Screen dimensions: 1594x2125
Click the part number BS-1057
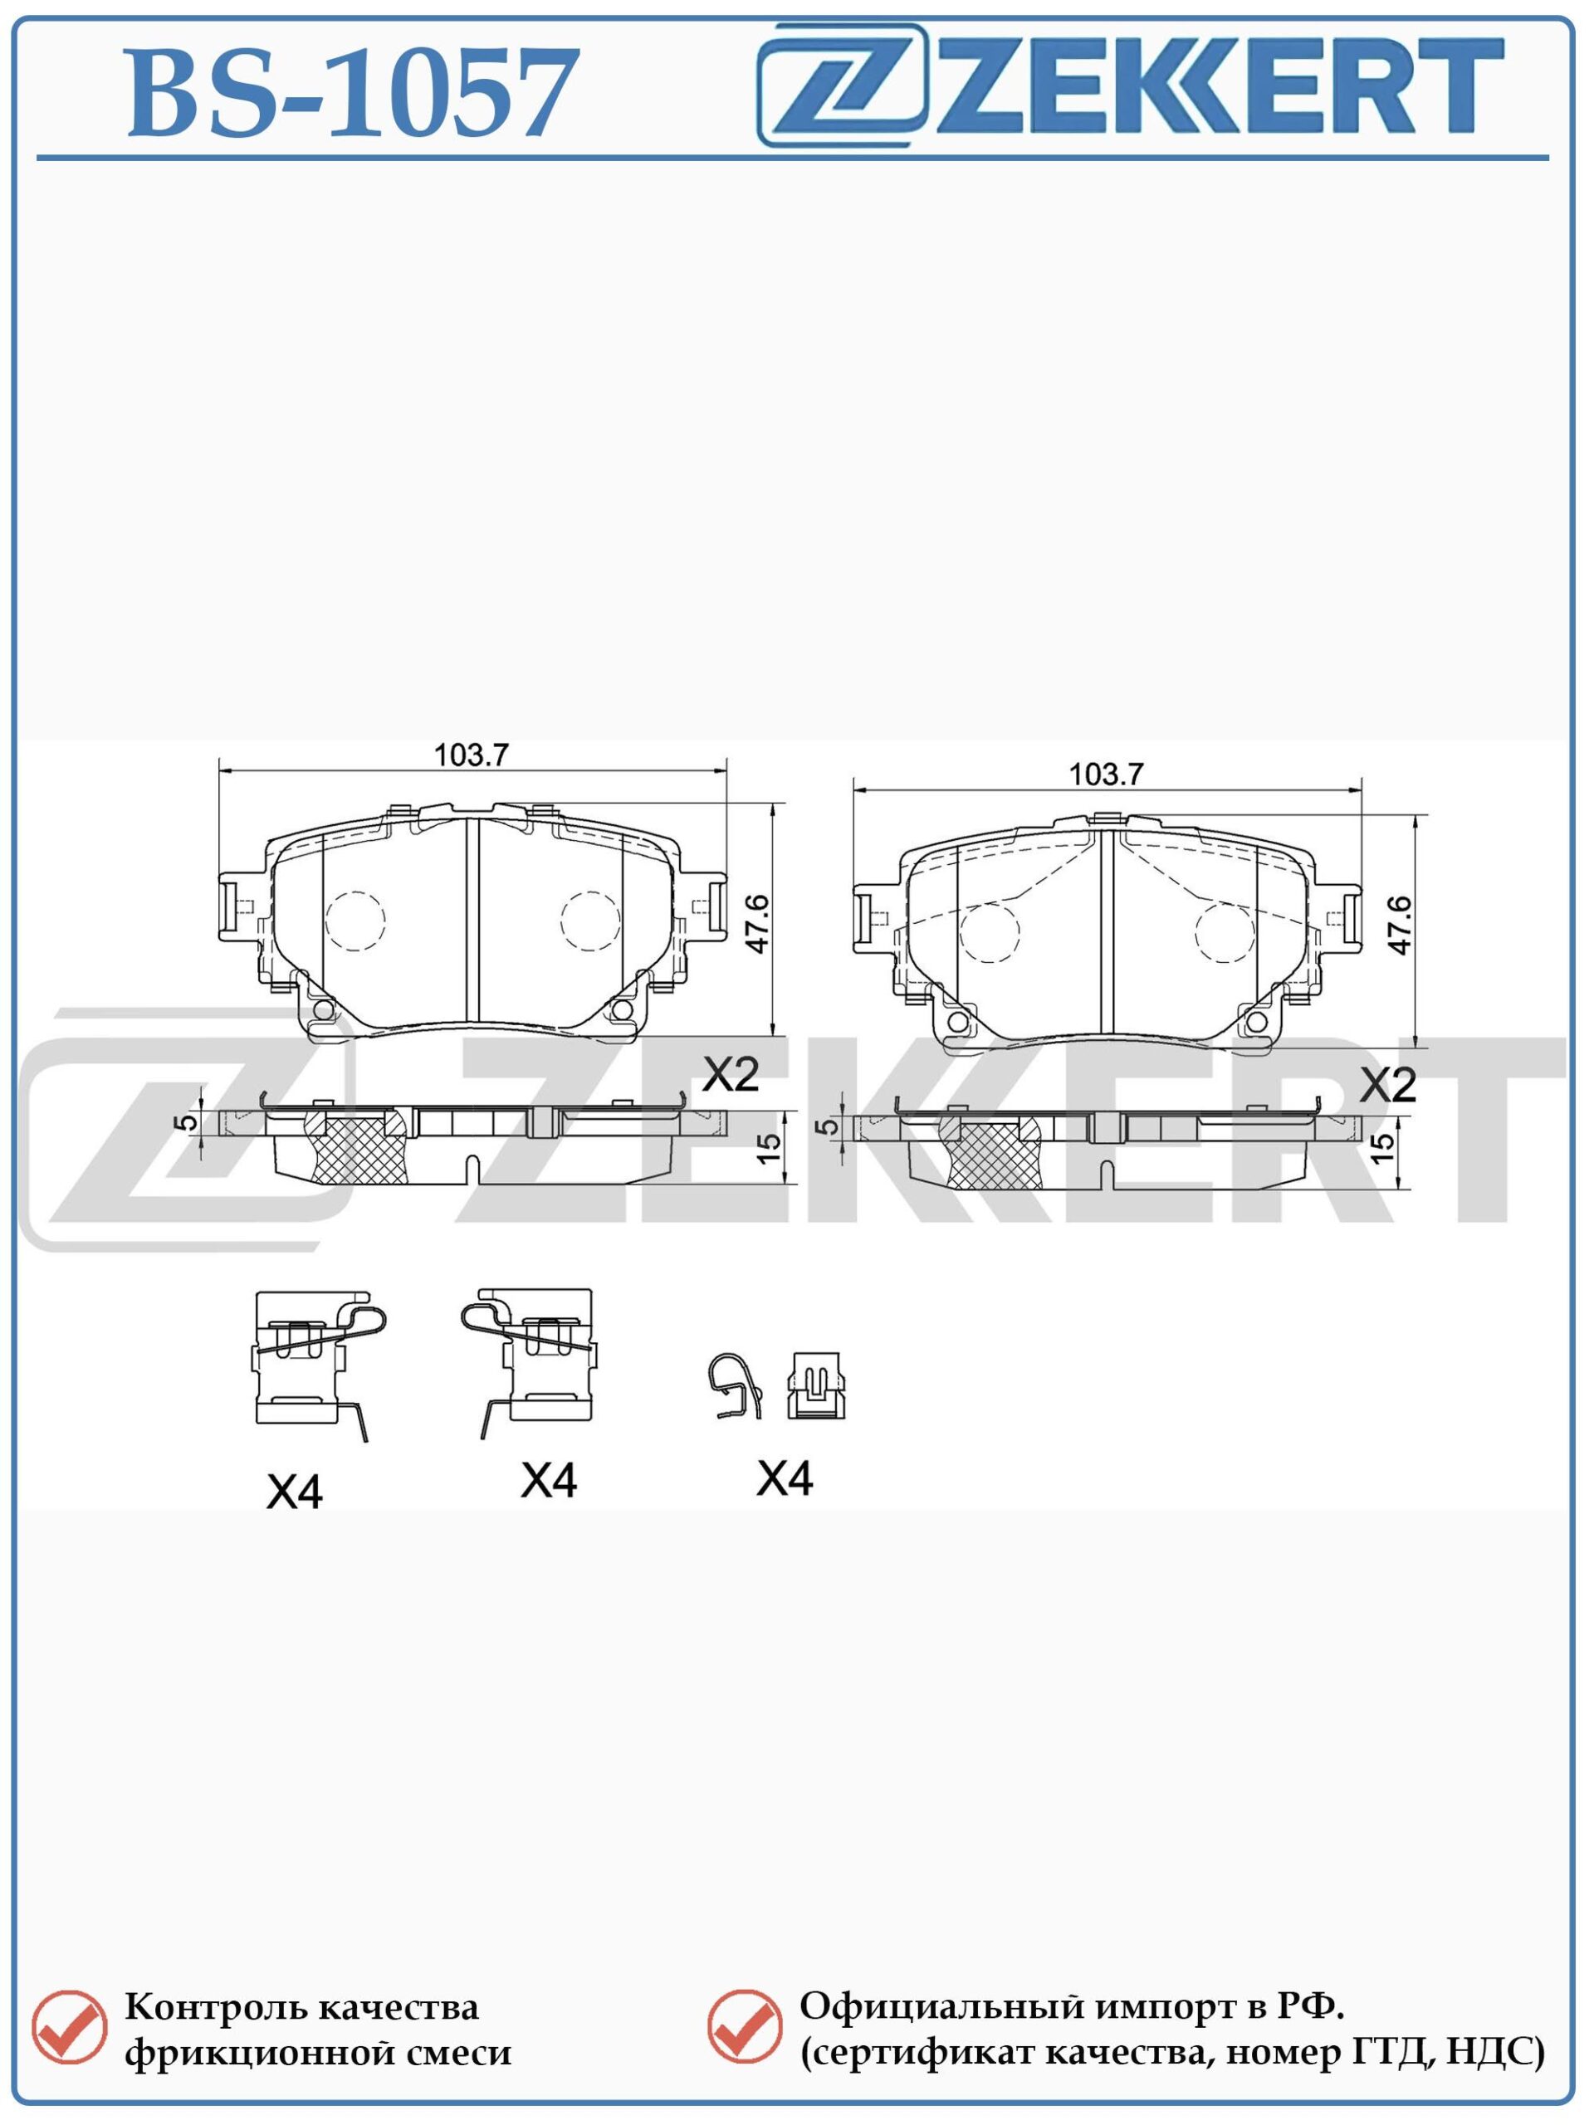(x=354, y=94)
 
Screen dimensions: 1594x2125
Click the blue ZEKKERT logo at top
(x=1131, y=85)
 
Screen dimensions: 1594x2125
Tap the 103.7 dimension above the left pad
(x=471, y=755)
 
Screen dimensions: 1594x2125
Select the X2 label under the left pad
(x=731, y=1075)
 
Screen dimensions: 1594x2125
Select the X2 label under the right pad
(x=1389, y=1086)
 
